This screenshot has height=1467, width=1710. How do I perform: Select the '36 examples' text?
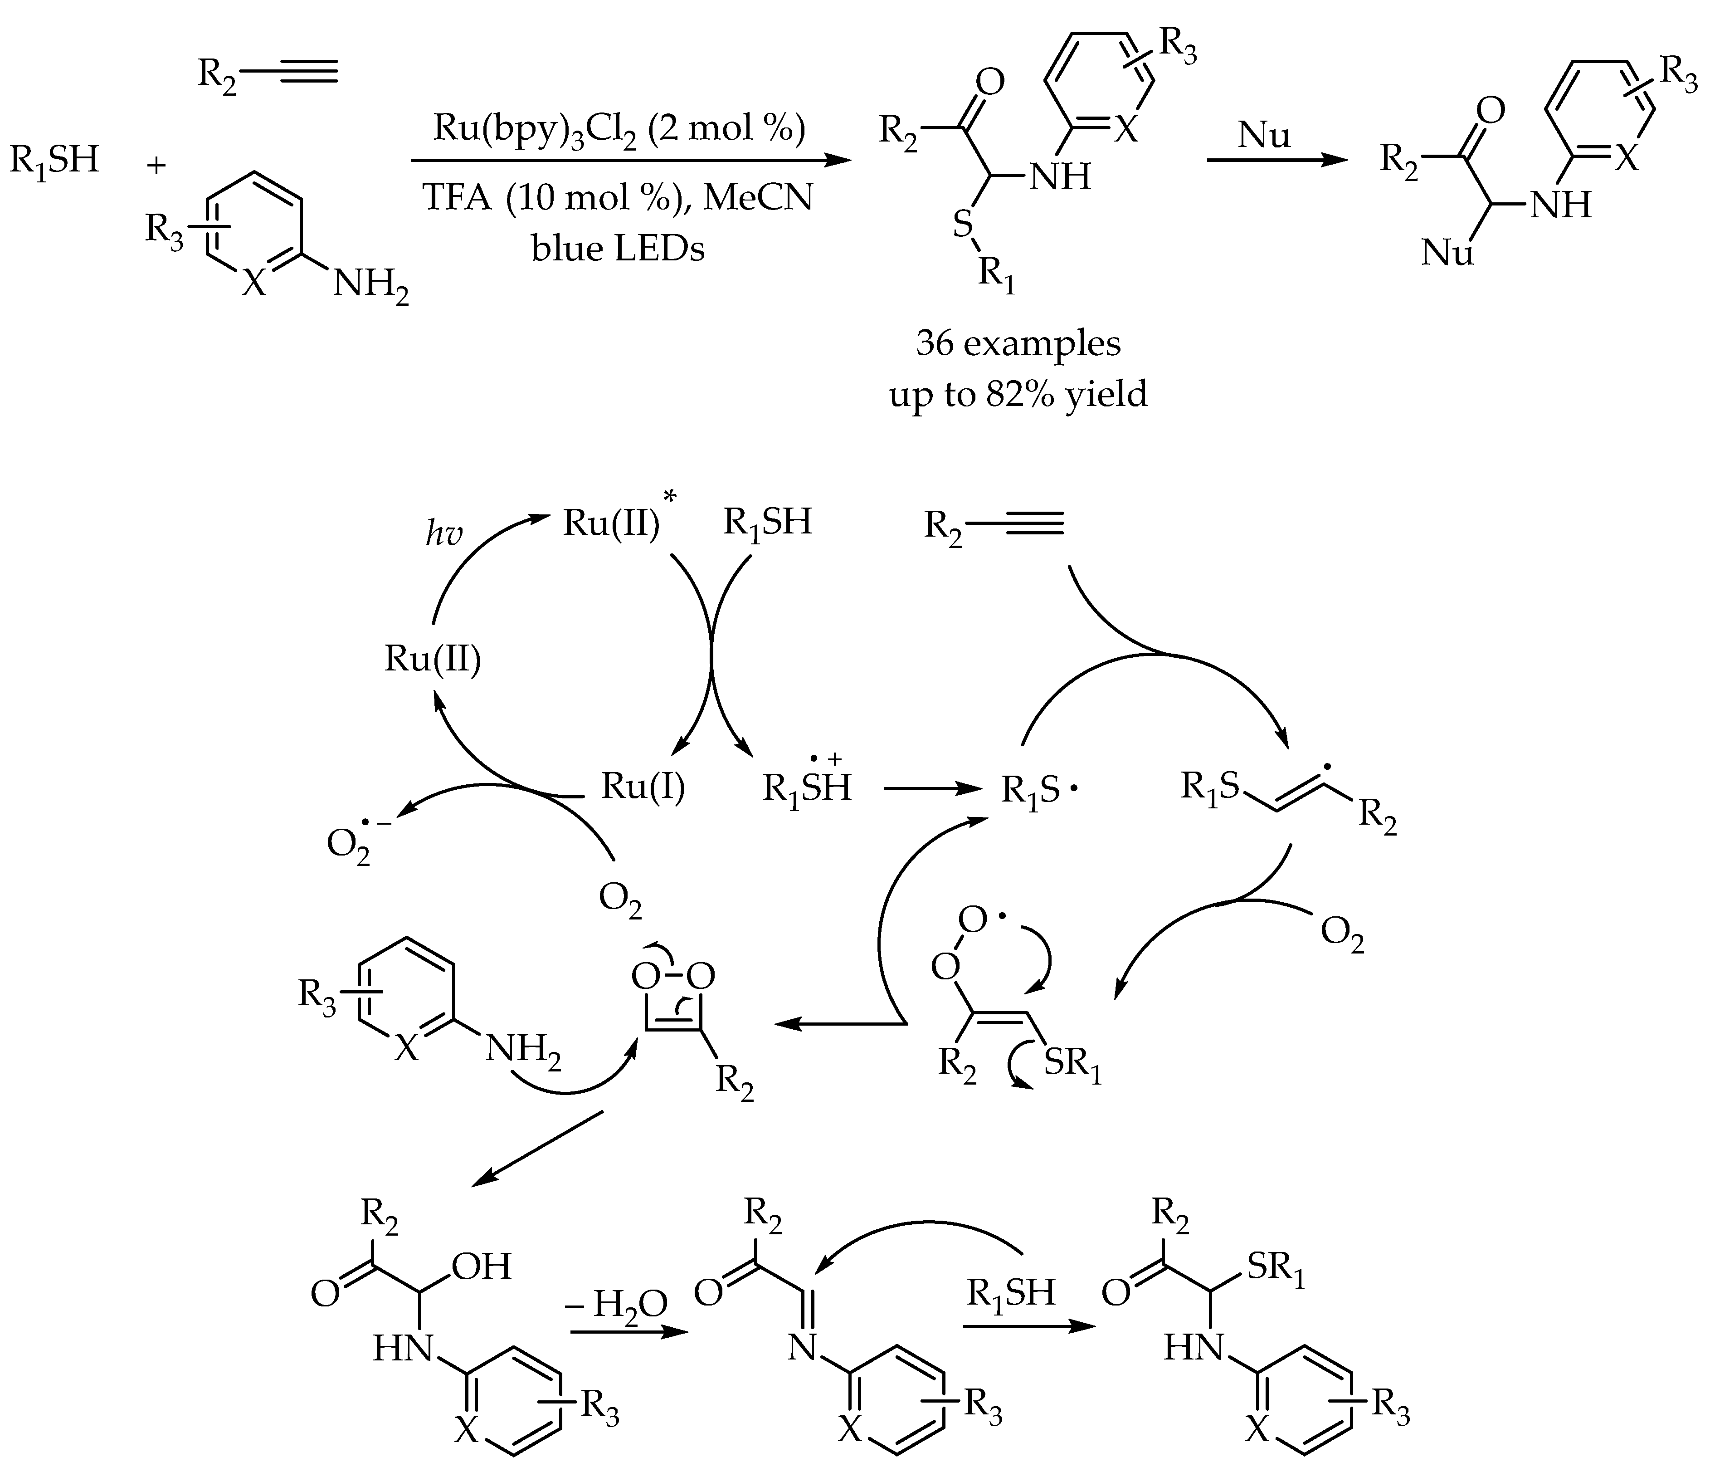(1018, 342)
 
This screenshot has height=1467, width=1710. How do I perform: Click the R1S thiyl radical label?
(1038, 790)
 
